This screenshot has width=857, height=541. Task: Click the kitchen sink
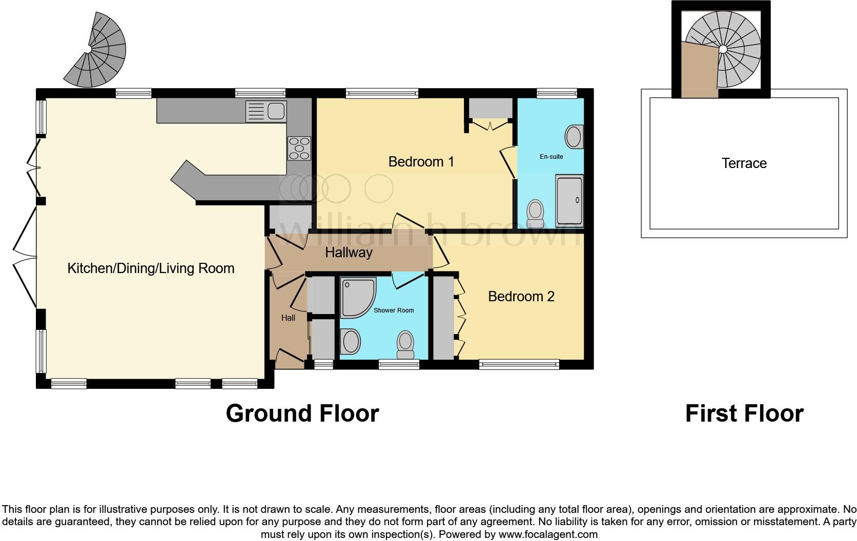(267, 111)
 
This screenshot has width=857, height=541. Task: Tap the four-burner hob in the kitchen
(299, 148)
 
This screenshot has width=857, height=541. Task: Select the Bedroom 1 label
(421, 162)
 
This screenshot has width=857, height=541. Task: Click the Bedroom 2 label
(521, 297)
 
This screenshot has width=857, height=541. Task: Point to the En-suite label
(551, 157)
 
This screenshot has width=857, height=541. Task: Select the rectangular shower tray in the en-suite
(569, 200)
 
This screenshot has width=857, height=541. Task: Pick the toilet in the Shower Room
(405, 344)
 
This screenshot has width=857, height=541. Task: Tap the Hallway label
(349, 253)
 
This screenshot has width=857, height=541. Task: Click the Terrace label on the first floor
(744, 163)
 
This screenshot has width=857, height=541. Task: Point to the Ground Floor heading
(302, 413)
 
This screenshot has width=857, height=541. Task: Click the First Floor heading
(744, 413)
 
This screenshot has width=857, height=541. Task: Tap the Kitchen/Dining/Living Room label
(151, 268)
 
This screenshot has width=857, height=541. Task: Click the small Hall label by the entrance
(288, 318)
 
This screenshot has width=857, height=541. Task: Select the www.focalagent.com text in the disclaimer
(548, 534)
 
